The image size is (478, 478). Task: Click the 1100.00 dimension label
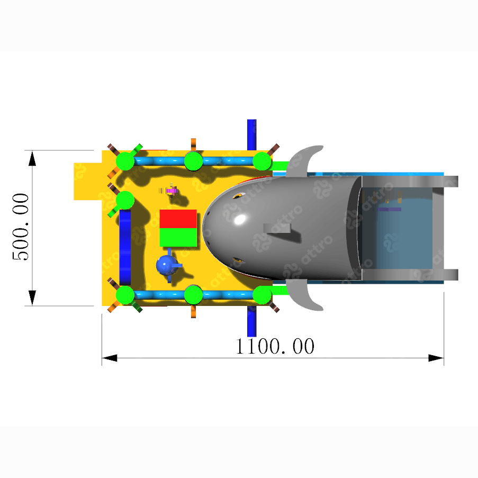[x=275, y=346]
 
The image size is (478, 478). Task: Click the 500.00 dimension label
[x=21, y=227]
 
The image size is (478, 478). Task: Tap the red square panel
[x=178, y=219]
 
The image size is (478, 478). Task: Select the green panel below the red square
[x=178, y=237]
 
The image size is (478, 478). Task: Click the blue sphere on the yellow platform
[x=166, y=265]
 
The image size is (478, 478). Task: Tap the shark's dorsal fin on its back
[x=277, y=228]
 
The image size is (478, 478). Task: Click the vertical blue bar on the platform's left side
[x=125, y=247]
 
